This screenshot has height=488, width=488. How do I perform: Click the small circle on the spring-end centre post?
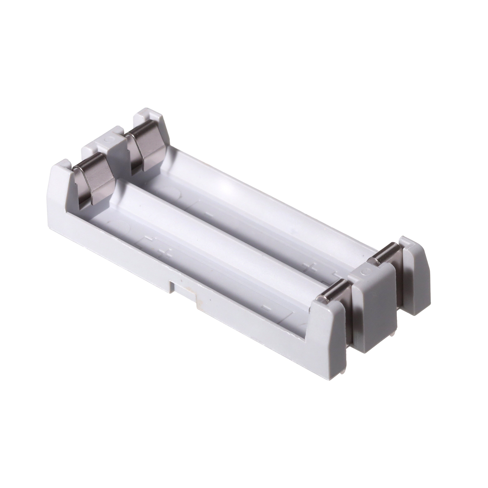pos(109,139)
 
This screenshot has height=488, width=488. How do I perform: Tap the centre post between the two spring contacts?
pos(111,149)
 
